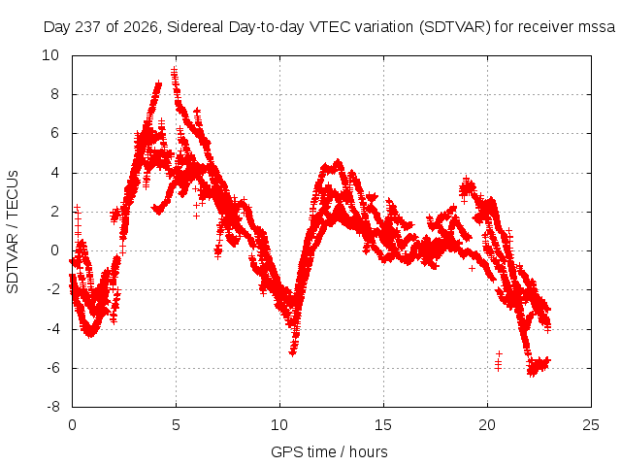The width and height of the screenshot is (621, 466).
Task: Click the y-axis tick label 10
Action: pos(50,55)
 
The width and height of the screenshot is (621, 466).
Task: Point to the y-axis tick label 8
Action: pos(54,94)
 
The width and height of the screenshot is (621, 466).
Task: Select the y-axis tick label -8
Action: pos(53,407)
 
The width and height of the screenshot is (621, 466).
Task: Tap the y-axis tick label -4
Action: pos(53,328)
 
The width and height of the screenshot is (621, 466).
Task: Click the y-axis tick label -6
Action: pos(53,368)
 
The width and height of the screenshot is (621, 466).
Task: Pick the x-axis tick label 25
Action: pos(591,425)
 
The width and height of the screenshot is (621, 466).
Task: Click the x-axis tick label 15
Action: pos(383,425)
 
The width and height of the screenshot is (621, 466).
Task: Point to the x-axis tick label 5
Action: pos(176,425)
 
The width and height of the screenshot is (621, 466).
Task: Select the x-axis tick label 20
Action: pos(487,425)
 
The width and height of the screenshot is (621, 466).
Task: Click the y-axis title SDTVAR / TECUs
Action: pos(13,232)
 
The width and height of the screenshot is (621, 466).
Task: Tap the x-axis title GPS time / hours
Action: pos(329,451)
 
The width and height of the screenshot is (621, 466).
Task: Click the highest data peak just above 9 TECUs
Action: pos(174,71)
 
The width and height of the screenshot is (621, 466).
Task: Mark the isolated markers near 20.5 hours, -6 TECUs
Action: pos(498,361)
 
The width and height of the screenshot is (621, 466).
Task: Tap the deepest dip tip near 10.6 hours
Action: pos(293,352)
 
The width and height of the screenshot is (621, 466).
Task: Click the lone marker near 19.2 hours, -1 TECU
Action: pos(472,269)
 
